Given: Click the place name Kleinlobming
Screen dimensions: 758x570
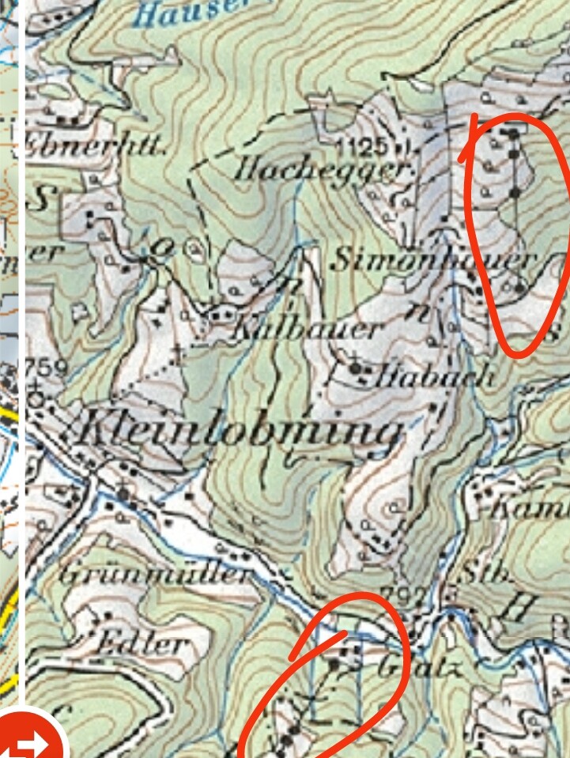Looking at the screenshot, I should [237, 432].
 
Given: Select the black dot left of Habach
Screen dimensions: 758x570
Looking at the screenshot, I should [355, 368].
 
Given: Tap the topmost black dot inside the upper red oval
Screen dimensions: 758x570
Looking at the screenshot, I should [513, 133].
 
